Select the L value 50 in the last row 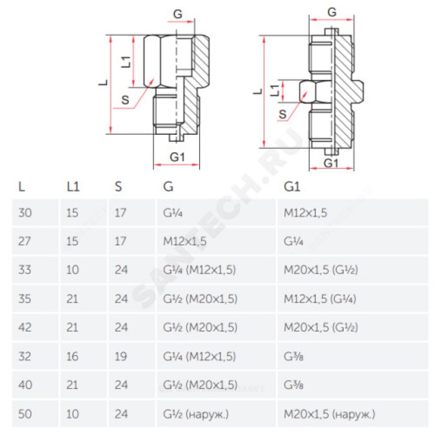pos(25,414)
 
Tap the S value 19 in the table pos(121,357)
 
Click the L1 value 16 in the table pos(72,357)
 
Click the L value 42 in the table pos(25,328)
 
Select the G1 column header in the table pos(292,187)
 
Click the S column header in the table pos(118,187)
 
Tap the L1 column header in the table pos(73,187)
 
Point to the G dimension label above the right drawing pos(332,12)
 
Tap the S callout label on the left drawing pos(126,100)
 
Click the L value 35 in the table pos(25,299)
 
